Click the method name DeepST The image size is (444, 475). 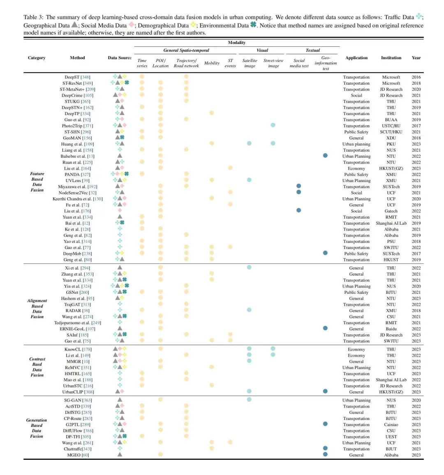72,77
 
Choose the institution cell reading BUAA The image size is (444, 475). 391,120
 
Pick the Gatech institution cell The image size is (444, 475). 391,211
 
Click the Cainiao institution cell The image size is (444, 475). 391,424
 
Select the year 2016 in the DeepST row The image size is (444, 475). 416,77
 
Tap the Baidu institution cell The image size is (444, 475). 391,329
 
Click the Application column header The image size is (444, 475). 356,58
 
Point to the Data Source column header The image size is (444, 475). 120,58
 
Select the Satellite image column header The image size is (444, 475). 250,63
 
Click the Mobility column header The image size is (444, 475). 212,63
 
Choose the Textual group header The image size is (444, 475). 312,50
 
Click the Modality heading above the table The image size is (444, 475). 237,43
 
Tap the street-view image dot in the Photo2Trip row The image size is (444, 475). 273,125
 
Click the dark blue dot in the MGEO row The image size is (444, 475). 325,454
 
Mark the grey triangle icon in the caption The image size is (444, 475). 74,25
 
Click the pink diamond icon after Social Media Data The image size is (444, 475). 132,25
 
